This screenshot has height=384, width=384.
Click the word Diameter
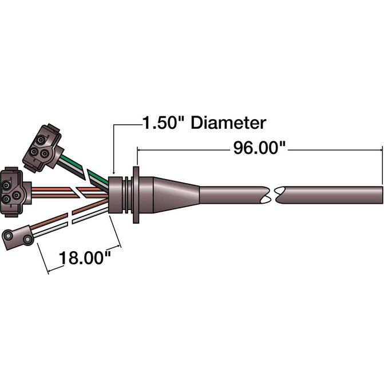pos(228,122)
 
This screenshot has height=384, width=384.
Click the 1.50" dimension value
pos(163,122)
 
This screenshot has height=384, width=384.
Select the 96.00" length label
pos(259,148)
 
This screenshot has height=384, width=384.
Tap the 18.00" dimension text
pos(85,258)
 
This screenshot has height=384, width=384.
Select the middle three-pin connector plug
pos(15,192)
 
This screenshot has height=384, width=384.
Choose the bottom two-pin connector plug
pos(18,237)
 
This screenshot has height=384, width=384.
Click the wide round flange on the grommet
pos(136,195)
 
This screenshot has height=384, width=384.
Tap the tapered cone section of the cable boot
pos(176,195)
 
